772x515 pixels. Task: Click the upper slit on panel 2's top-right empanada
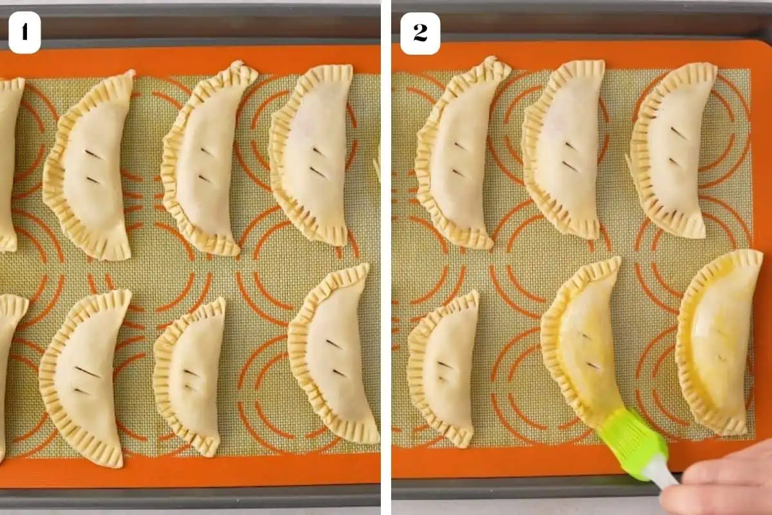(x=679, y=133)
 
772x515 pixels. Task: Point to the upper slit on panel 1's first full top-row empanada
(x=93, y=154)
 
